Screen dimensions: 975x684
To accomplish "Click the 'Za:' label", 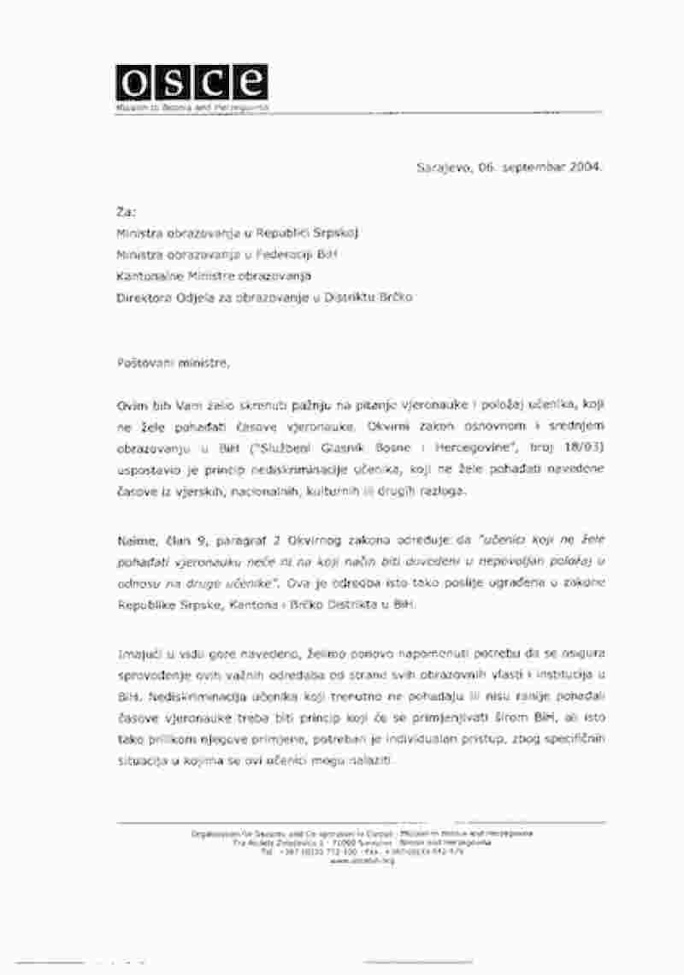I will [124, 210].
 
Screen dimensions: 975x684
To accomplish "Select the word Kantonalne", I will [148, 275].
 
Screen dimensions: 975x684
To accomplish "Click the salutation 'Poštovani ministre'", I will [174, 363].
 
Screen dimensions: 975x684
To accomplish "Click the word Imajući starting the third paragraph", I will [139, 654].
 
